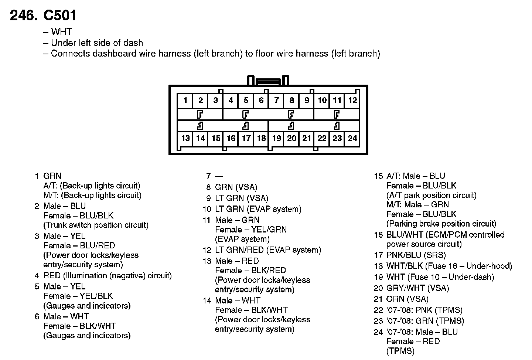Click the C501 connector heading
[60, 16]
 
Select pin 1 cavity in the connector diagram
[185, 100]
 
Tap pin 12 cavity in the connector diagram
[352, 100]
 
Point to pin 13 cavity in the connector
[185, 138]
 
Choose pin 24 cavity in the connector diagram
[352, 138]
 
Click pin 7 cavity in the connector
[276, 100]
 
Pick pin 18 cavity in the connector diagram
[261, 138]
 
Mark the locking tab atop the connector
[268, 81]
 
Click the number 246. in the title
[24, 16]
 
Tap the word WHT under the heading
[61, 32]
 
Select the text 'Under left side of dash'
[97, 43]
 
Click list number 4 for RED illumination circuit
[37, 276]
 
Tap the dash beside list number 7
[219, 176]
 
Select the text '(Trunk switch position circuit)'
[96, 225]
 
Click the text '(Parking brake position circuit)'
[441, 224]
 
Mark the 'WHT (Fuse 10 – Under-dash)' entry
[440, 277]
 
